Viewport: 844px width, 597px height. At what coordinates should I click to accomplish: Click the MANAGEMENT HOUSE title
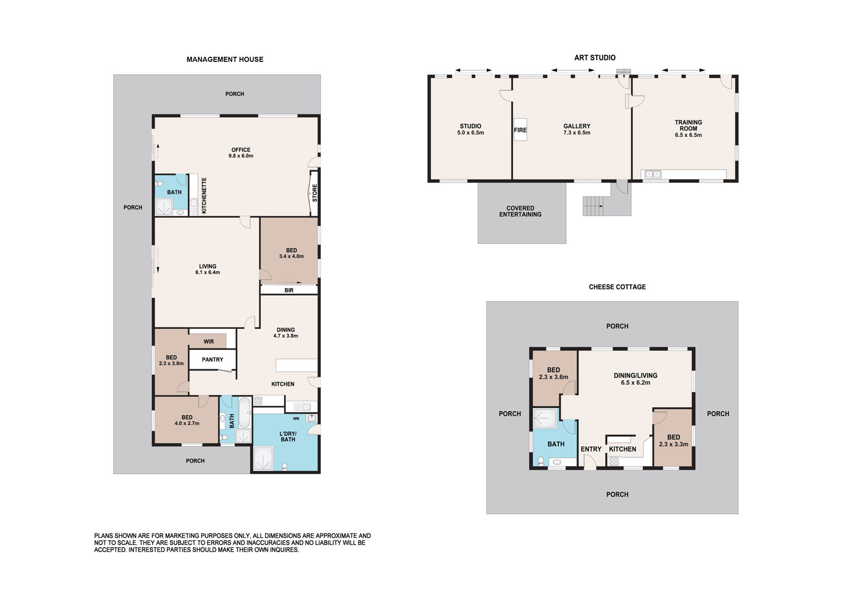pyautogui.click(x=225, y=59)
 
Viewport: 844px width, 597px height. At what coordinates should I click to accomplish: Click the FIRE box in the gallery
pyautogui.click(x=520, y=130)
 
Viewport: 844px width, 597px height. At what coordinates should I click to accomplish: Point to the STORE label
pyautogui.click(x=315, y=193)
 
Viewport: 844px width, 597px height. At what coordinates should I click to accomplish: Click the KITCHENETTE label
pyautogui.click(x=204, y=195)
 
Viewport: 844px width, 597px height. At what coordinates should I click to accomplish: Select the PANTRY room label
pyautogui.click(x=213, y=359)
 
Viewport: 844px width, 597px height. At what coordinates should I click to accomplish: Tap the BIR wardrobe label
pyautogui.click(x=289, y=290)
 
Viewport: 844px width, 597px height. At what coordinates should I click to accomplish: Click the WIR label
pyautogui.click(x=209, y=342)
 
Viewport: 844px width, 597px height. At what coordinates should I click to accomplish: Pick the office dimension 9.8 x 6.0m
pyautogui.click(x=241, y=156)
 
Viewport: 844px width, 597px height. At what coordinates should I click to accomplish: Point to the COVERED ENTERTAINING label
pyautogui.click(x=520, y=211)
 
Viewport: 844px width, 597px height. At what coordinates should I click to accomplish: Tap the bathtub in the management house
pyautogui.click(x=245, y=412)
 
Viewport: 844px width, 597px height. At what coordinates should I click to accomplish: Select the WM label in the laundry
pyautogui.click(x=296, y=418)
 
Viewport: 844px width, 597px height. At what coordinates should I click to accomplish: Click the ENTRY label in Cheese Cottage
pyautogui.click(x=591, y=449)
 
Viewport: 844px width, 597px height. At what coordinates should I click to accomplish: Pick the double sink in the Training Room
pyautogui.click(x=653, y=174)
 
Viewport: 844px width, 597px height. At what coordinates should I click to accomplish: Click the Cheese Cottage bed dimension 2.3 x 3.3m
pyautogui.click(x=674, y=444)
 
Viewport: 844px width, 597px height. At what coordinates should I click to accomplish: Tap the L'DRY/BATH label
pyautogui.click(x=288, y=436)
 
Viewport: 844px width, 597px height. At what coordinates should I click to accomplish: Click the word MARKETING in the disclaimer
pyautogui.click(x=182, y=536)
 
